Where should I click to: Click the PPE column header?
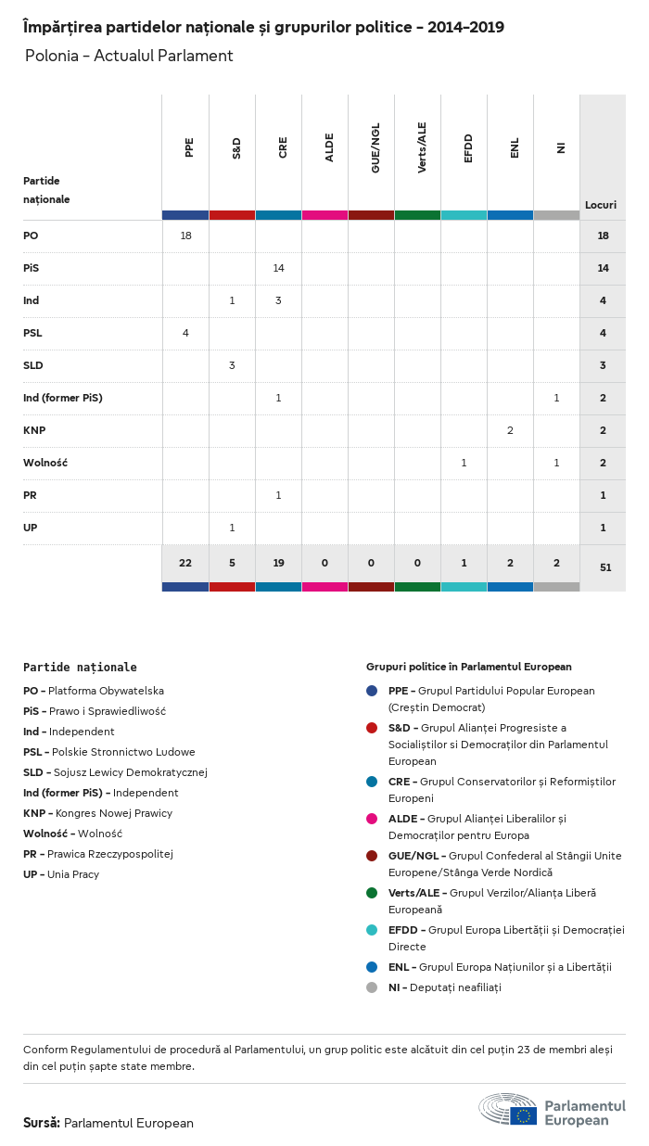pyautogui.click(x=189, y=147)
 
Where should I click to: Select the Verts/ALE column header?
pyautogui.click(x=422, y=147)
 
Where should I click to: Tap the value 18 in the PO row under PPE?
pyautogui.click(x=185, y=236)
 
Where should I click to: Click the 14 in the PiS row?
pyautogui.click(x=278, y=268)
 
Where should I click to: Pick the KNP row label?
pyautogui.click(x=34, y=430)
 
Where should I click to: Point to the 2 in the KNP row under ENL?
pyautogui.click(x=510, y=430)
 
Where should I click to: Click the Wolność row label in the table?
pyautogui.click(x=45, y=463)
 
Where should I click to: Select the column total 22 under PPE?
pyautogui.click(x=185, y=564)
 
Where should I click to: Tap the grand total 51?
pyautogui.click(x=605, y=567)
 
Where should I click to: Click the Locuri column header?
pyautogui.click(x=601, y=205)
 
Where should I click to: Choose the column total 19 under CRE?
pyautogui.click(x=278, y=564)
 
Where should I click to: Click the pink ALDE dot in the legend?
pyautogui.click(x=372, y=819)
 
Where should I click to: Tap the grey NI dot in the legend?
pyautogui.click(x=372, y=987)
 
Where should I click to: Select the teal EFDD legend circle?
pyautogui.click(x=372, y=930)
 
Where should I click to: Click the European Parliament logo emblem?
pyautogui.click(x=508, y=1109)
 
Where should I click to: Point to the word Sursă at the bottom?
pyautogui.click(x=41, y=1123)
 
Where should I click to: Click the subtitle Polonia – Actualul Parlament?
pyautogui.click(x=129, y=56)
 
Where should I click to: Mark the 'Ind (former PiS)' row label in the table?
pyautogui.click(x=63, y=398)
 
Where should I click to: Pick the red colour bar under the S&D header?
pyautogui.click(x=232, y=215)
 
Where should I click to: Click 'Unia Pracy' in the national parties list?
pyautogui.click(x=73, y=874)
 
